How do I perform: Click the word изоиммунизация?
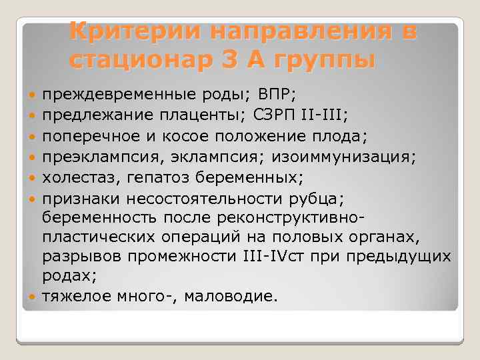(356, 157)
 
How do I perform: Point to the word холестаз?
(73, 177)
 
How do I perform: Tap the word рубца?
(329, 198)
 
